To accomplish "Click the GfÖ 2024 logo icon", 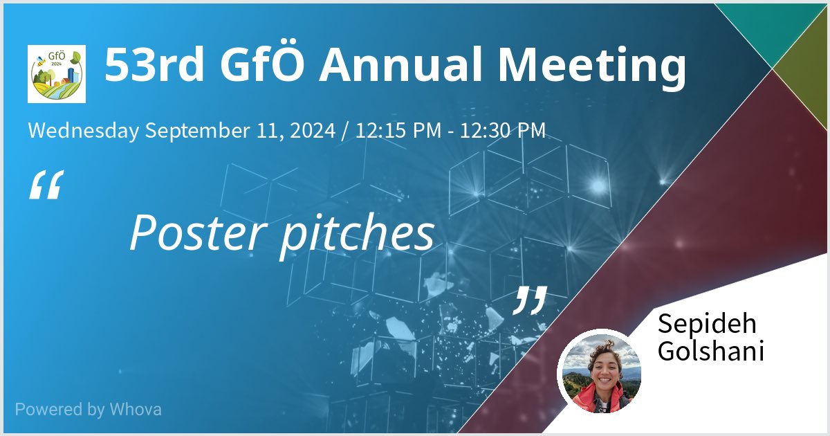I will (57, 74).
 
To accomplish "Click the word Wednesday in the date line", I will (83, 130).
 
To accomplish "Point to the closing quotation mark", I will (530, 300).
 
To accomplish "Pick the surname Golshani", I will (710, 352).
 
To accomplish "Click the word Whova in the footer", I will (136, 409).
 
